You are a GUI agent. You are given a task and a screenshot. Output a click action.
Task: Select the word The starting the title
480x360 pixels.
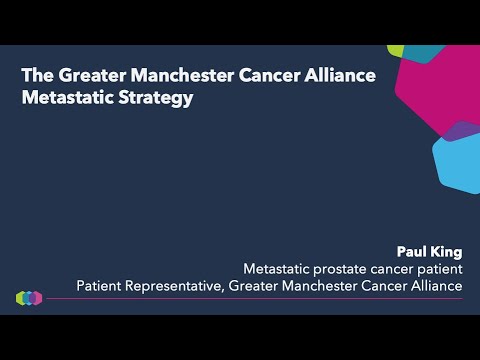click(x=38, y=75)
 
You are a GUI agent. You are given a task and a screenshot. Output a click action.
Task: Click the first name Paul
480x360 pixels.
click(x=414, y=250)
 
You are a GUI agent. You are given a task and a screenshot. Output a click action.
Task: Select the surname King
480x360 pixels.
click(x=447, y=250)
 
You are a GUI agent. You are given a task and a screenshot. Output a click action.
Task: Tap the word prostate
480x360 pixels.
click(x=345, y=268)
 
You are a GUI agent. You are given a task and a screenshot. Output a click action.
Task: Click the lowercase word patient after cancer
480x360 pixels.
click(x=437, y=268)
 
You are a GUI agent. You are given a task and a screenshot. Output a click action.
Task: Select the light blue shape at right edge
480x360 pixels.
click(x=457, y=165)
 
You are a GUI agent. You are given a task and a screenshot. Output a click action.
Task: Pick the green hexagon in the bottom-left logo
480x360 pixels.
click(x=21, y=298)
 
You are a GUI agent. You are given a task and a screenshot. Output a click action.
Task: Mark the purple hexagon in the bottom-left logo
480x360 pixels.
click(x=37, y=298)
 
